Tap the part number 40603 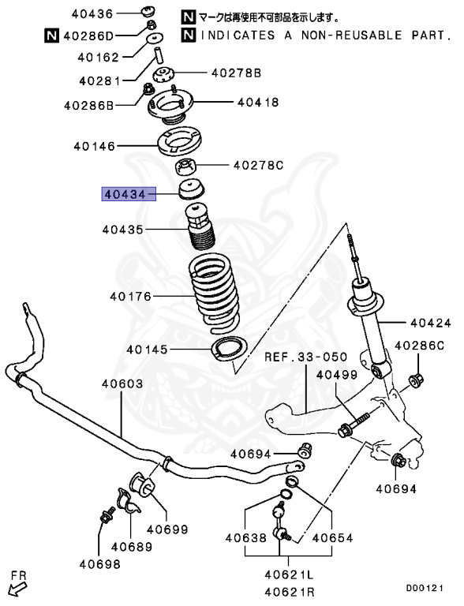pyautogui.click(x=122, y=383)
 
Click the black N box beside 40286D pyautogui.click(x=51, y=35)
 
